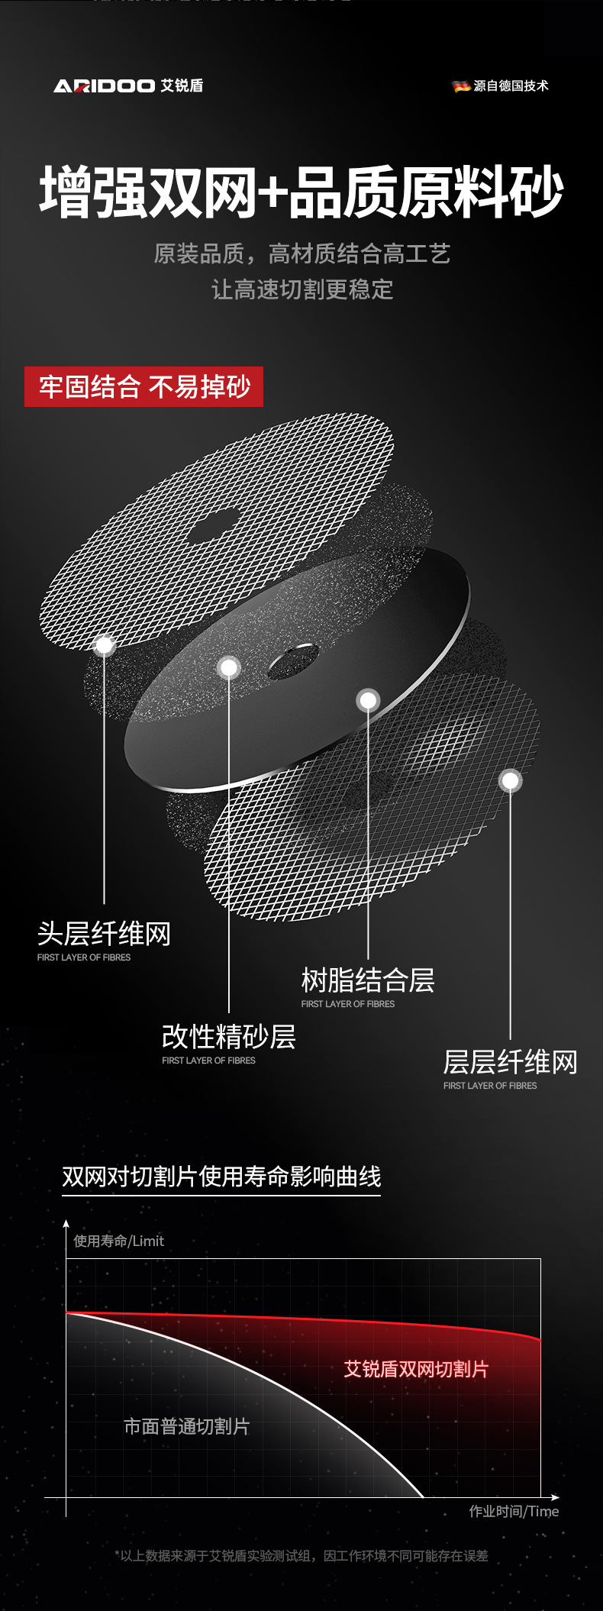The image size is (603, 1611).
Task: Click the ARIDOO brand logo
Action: [x=127, y=86]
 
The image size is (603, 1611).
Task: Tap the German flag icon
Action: [x=461, y=86]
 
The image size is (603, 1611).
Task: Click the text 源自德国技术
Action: [x=511, y=86]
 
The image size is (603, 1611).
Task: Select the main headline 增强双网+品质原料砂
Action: [x=301, y=192]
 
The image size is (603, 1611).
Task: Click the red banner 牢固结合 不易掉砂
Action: [x=144, y=387]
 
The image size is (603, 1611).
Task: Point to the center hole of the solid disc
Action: [x=293, y=660]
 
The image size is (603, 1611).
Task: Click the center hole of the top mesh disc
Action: [x=213, y=527]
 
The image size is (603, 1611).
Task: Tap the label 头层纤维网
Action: [x=104, y=933]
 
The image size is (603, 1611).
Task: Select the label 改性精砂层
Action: [x=228, y=1036]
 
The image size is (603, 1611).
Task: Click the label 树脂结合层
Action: [x=368, y=980]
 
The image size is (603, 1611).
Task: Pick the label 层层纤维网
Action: [x=510, y=1061]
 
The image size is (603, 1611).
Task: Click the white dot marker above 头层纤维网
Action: [x=105, y=645]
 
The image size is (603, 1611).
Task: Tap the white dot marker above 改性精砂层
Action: [x=228, y=668]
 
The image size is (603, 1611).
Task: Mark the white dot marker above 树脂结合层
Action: [x=368, y=699]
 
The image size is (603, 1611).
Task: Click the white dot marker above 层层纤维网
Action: [x=510, y=780]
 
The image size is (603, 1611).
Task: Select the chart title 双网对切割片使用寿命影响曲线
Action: [x=221, y=1176]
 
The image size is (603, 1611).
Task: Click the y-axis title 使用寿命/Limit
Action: [x=118, y=1241]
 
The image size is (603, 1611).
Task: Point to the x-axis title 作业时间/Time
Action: [x=514, y=1511]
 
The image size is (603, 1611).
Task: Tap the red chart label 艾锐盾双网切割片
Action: [x=416, y=1369]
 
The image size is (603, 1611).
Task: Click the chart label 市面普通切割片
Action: [x=187, y=1426]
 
